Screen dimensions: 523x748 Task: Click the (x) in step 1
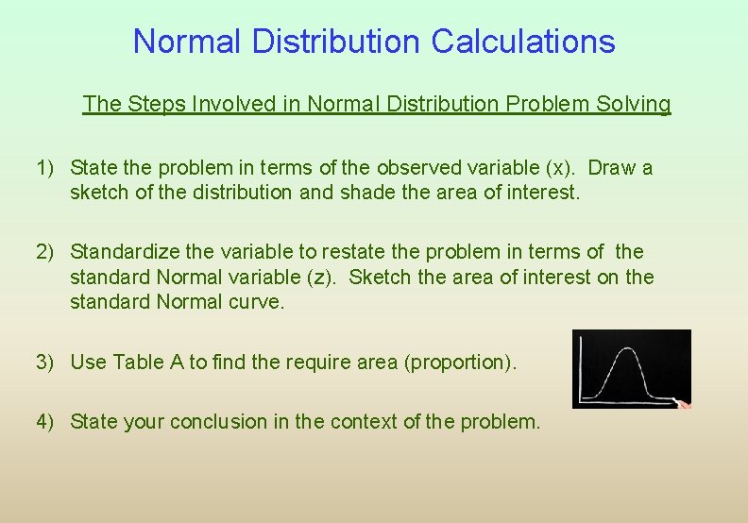tap(555, 168)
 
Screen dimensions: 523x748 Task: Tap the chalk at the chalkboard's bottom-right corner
tap(683, 404)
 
